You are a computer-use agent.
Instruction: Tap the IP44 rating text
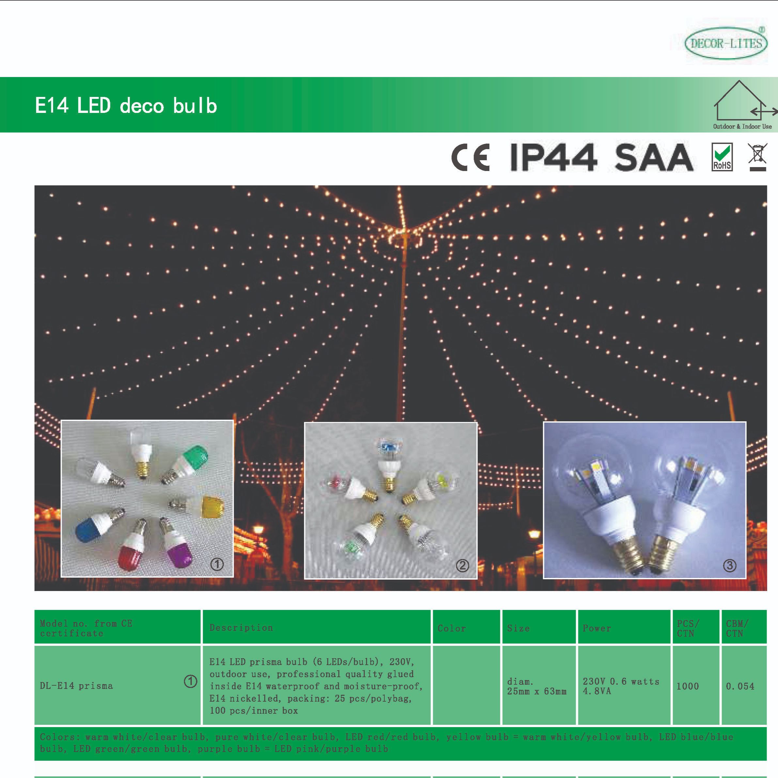(553, 157)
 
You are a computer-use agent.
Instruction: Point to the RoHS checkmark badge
(722, 157)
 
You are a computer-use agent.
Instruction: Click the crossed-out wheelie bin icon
(757, 157)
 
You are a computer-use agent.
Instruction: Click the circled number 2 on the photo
(463, 566)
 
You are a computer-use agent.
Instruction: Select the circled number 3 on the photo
(730, 566)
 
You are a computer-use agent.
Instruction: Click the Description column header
(241, 628)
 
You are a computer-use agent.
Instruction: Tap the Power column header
(597, 628)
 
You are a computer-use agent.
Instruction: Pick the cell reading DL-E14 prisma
(76, 686)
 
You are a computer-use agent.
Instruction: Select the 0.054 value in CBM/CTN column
(740, 686)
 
